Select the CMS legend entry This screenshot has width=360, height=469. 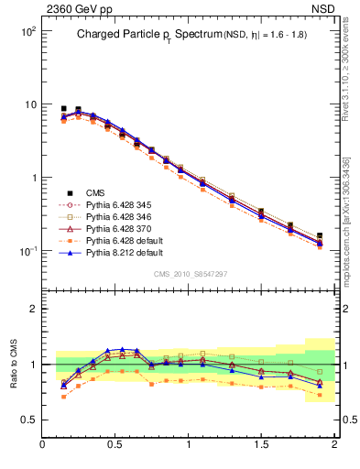pyautogui.click(x=95, y=192)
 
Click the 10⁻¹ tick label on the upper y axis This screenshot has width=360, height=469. pyautogui.click(x=26, y=251)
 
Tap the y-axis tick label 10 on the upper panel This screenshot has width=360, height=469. pyautogui.click(x=28, y=104)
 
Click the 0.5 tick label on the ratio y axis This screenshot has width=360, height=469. pyautogui.click(x=28, y=420)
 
